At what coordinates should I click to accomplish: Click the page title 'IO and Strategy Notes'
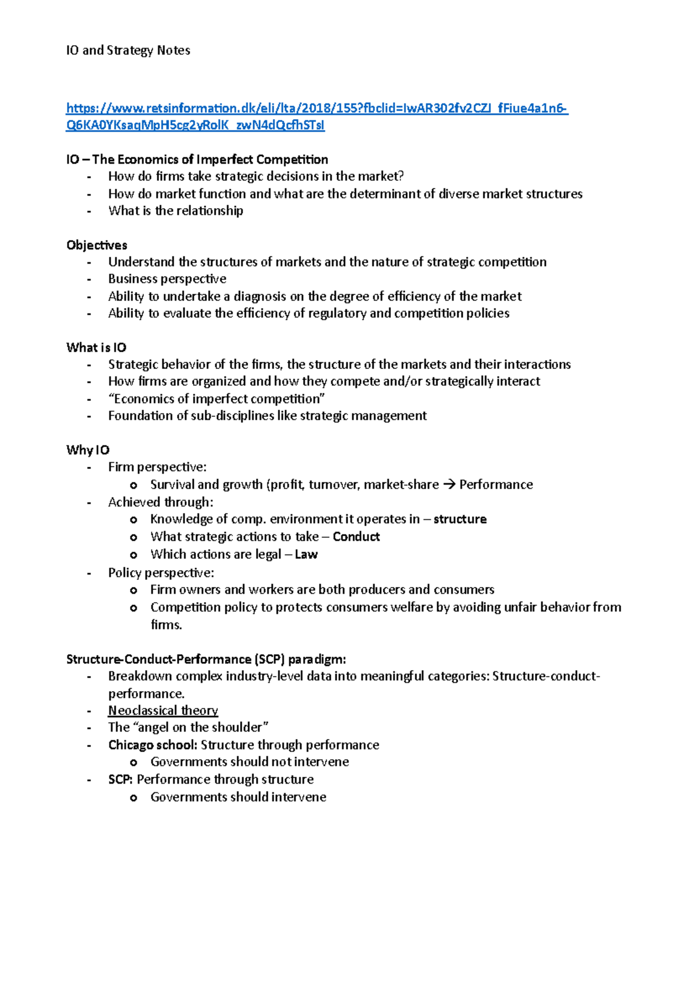pyautogui.click(x=128, y=50)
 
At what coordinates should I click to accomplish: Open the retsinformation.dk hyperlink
pyautogui.click(x=317, y=108)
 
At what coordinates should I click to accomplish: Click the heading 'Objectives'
pyautogui.click(x=97, y=245)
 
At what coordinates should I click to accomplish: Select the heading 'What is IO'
pyautogui.click(x=96, y=347)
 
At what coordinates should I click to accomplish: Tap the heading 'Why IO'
pyautogui.click(x=88, y=450)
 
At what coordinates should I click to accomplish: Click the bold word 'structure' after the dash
pyautogui.click(x=460, y=519)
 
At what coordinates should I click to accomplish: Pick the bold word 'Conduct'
pyautogui.click(x=356, y=537)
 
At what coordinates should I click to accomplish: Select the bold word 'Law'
pyautogui.click(x=306, y=554)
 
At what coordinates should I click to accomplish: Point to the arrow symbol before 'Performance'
pyautogui.click(x=449, y=485)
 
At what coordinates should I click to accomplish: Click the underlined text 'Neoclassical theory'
pyautogui.click(x=163, y=710)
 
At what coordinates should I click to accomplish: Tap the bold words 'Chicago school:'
pyautogui.click(x=153, y=744)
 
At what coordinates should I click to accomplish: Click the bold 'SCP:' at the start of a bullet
pyautogui.click(x=120, y=779)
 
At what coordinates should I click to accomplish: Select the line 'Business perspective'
pyautogui.click(x=167, y=279)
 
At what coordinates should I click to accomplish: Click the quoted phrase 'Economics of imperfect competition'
pyautogui.click(x=217, y=398)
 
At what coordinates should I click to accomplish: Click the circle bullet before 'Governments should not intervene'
pyautogui.click(x=134, y=763)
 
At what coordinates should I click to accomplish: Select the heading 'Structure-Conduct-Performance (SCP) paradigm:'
pyautogui.click(x=206, y=659)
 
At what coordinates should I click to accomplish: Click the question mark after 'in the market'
pyautogui.click(x=400, y=176)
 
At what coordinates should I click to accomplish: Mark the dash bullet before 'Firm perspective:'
pyautogui.click(x=88, y=467)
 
